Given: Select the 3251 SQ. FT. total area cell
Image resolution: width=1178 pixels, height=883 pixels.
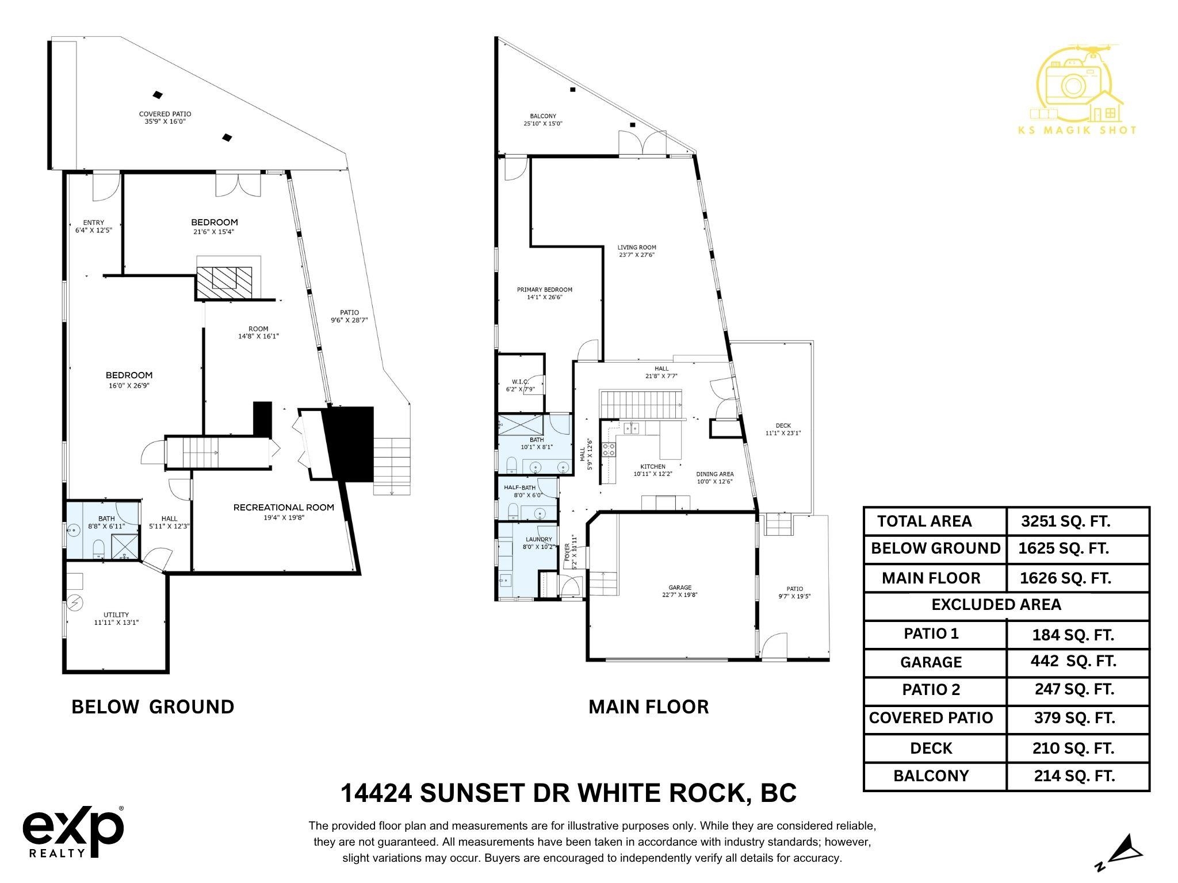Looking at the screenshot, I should coord(1065,521).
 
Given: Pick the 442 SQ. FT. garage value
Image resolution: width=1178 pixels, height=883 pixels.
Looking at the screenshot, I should coord(1073,661).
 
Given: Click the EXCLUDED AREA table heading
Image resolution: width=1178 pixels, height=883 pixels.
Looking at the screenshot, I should coord(996,605).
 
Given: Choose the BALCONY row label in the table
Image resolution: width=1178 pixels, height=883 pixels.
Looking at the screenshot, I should coord(931,776).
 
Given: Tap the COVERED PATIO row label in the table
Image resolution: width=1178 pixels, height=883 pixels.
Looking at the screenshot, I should coord(931,718).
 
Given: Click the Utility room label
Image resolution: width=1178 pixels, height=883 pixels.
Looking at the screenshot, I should coord(116,619).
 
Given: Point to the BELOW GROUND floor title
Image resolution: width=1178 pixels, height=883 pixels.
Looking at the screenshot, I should coord(153,707).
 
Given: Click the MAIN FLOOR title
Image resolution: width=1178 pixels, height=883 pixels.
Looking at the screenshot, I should coord(648,707).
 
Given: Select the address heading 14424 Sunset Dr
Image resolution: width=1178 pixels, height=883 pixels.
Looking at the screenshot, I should coord(568,793).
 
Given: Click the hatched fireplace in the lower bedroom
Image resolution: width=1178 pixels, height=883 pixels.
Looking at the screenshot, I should coord(224,283).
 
